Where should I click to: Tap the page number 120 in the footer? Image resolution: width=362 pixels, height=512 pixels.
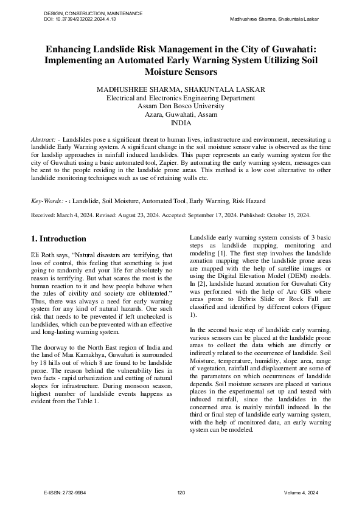(x=181, y=493)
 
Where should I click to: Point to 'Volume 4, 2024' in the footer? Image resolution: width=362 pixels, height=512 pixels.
(x=301, y=493)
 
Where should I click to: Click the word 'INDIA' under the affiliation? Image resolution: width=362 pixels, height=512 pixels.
(x=181, y=122)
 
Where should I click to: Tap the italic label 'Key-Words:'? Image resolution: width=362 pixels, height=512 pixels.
(x=47, y=201)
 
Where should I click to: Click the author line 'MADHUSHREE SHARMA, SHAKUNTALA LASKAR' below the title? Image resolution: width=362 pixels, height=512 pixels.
(x=181, y=89)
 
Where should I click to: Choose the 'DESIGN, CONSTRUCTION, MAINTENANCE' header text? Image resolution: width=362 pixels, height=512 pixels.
(x=94, y=13)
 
